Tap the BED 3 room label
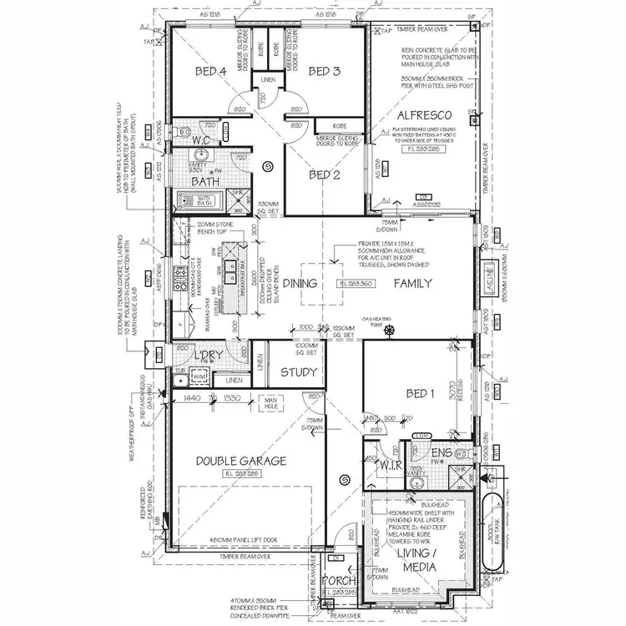[x=324, y=72]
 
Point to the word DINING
[x=300, y=284]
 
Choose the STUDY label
[x=297, y=372]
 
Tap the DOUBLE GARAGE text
[x=240, y=461]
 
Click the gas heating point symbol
[x=388, y=331]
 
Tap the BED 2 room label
[x=324, y=175]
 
